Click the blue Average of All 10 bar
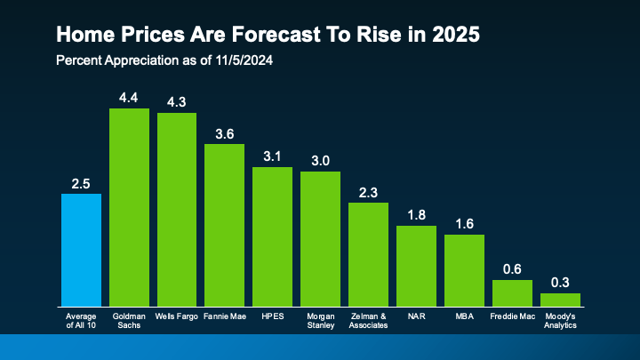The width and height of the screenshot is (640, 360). point(81,250)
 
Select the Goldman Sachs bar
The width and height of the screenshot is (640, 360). point(129,207)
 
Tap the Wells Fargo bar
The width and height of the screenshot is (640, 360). point(177,210)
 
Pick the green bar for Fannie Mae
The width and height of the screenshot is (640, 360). point(224,225)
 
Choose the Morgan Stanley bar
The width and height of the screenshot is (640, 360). point(320,238)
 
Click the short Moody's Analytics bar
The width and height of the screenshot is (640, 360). point(560,300)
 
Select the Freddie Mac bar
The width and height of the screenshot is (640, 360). point(512,293)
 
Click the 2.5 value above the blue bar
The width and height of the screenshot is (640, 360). point(81,183)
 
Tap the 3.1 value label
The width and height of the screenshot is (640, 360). point(272,156)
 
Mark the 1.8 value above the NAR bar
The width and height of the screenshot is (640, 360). point(416,215)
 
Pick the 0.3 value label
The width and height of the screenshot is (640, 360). point(560,283)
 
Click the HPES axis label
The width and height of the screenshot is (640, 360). point(272,316)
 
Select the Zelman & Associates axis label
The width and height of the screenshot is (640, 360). point(368,320)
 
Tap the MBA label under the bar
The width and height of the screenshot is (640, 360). point(464,316)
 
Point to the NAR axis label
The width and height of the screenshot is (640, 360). point(416,316)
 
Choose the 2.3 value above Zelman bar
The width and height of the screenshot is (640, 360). point(368,192)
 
